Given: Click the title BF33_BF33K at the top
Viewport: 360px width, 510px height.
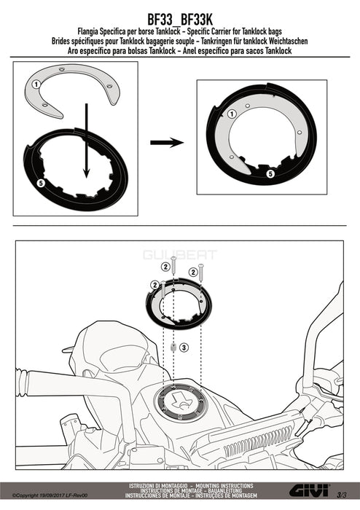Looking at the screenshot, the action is pyautogui.click(x=180, y=19).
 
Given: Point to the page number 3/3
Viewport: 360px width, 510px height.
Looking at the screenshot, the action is pyautogui.click(x=342, y=495).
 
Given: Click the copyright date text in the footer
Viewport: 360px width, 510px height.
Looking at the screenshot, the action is pyautogui.click(x=50, y=495).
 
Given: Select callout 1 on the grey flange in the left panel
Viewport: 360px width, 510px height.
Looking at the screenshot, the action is pyautogui.click(x=36, y=85).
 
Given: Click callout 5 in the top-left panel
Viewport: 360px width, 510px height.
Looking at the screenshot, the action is pyautogui.click(x=41, y=184).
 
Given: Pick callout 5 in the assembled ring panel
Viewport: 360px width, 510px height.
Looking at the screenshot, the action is pyautogui.click(x=270, y=174).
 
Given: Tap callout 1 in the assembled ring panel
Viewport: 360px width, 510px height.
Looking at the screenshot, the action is pyautogui.click(x=232, y=114).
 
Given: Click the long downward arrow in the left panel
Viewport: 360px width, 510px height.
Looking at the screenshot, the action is pyautogui.click(x=86, y=141).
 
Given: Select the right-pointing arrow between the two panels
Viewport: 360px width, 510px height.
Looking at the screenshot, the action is pyautogui.click(x=167, y=143).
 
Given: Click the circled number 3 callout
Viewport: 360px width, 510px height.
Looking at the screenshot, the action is pyautogui.click(x=184, y=348).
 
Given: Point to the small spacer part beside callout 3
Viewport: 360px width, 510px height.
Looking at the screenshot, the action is pyautogui.click(x=173, y=348).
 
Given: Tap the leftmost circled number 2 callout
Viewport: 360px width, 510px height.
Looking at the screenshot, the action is pyautogui.click(x=154, y=286).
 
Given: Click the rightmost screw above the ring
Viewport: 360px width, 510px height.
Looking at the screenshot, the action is pyautogui.click(x=201, y=272).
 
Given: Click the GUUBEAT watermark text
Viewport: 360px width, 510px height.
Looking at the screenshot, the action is pyautogui.click(x=180, y=254).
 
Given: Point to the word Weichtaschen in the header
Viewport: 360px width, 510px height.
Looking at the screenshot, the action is pyautogui.click(x=286, y=42).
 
